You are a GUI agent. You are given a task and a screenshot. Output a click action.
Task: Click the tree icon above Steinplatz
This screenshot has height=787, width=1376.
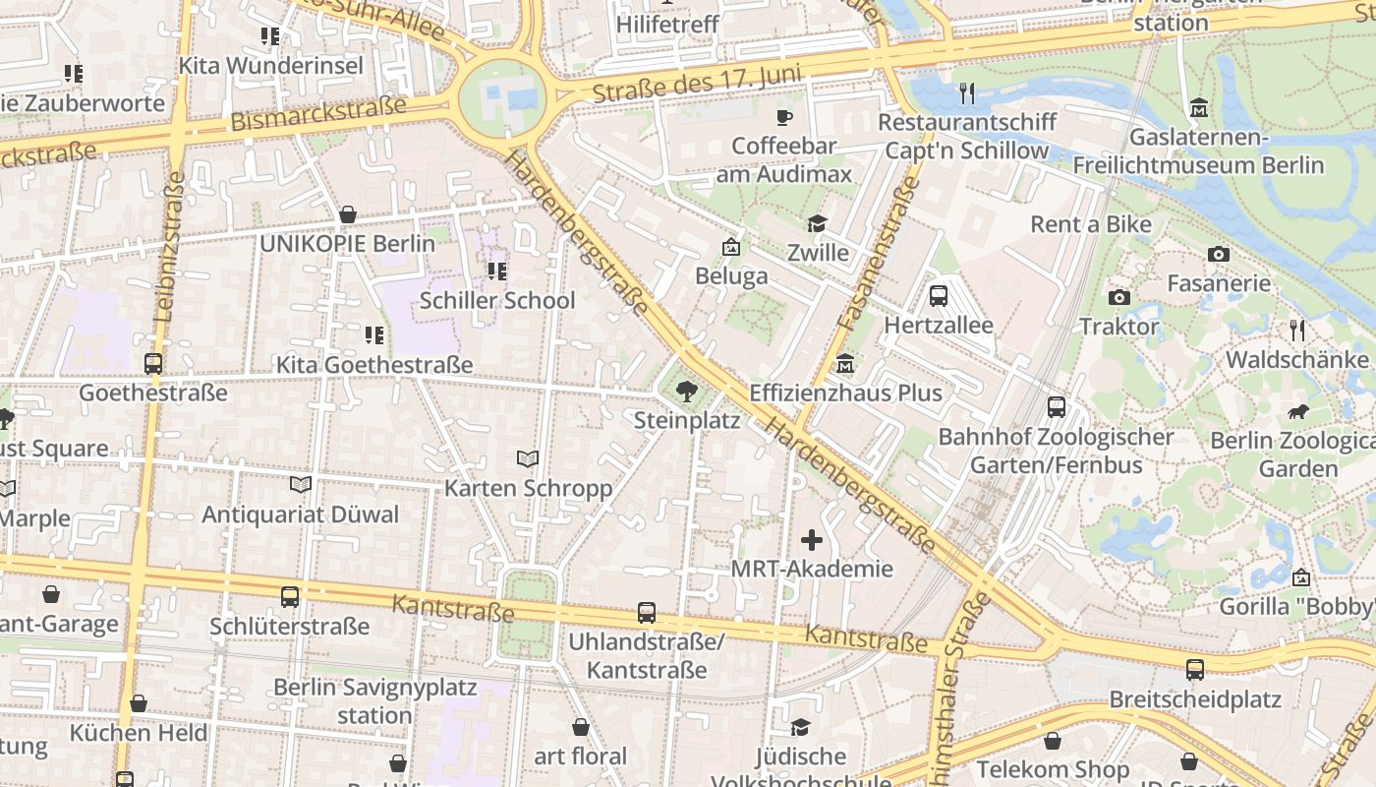click(x=687, y=393)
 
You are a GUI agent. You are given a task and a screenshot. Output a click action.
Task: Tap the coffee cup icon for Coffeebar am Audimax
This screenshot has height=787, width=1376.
click(x=783, y=117)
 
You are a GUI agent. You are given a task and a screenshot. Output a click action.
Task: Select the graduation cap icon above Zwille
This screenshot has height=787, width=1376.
click(x=816, y=224)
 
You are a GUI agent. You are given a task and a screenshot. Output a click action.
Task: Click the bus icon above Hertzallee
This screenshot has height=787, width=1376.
click(x=938, y=295)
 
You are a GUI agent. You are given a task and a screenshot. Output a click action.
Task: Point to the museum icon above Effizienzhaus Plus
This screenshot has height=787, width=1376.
click(x=844, y=365)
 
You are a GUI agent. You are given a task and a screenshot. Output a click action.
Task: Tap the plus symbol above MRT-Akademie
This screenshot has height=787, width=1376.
click(x=812, y=539)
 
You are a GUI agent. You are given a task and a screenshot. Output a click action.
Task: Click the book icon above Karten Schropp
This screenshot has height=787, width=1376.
click(x=528, y=458)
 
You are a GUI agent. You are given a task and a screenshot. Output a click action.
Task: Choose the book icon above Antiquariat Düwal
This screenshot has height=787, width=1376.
click(x=301, y=484)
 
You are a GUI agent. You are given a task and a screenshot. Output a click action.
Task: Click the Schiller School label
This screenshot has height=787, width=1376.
click(x=497, y=300)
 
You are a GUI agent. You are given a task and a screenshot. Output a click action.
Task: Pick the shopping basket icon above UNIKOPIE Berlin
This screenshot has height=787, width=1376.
click(x=348, y=214)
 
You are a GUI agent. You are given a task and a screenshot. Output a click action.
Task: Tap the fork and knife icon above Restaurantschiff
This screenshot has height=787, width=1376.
click(x=967, y=93)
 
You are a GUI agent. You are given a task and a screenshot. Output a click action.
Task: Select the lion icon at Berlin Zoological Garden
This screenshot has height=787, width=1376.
click(x=1297, y=411)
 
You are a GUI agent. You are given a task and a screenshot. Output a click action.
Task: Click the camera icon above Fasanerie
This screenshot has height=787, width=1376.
click(x=1219, y=254)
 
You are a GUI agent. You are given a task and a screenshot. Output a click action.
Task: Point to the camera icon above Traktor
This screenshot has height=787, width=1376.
click(x=1118, y=297)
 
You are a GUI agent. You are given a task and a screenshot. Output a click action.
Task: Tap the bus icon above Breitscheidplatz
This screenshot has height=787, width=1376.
click(x=1195, y=670)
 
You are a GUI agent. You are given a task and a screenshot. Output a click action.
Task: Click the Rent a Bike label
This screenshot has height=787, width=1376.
click(x=1090, y=224)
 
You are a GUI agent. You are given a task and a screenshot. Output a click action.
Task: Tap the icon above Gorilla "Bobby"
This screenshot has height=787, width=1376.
click(x=1301, y=577)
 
